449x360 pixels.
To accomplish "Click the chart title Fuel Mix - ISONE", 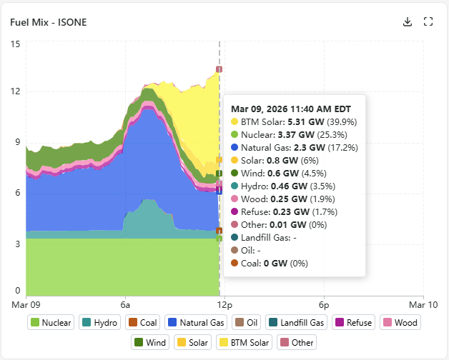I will pos(48,21).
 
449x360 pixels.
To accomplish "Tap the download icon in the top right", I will pos(408,21).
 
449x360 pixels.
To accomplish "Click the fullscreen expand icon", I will pos(428,21).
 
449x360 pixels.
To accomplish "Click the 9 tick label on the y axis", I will pos(18,142).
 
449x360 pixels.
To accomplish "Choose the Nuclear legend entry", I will pos(51,323).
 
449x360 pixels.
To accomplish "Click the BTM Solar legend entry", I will pos(245,342).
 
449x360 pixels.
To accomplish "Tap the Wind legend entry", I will pos(149,342).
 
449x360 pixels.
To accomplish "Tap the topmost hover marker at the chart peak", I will pos(219,69).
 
